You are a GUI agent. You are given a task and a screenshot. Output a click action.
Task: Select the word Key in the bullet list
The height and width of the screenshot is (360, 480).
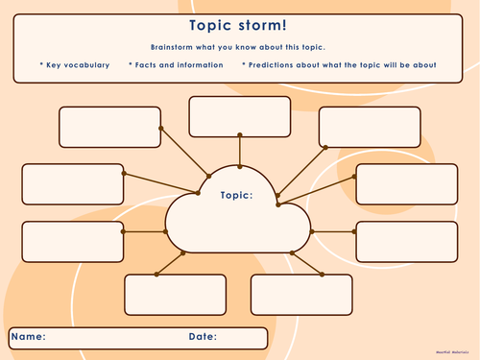(55, 65)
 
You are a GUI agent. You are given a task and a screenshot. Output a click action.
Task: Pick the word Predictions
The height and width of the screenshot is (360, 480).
(277, 65)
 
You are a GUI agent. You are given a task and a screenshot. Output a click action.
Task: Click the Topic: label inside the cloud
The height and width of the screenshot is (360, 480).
(236, 195)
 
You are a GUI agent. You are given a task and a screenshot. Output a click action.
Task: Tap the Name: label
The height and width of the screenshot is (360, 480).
(29, 337)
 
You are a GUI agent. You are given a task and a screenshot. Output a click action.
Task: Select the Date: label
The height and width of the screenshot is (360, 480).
(203, 337)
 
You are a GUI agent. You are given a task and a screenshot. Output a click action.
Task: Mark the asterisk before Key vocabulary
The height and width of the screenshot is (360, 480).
(41, 65)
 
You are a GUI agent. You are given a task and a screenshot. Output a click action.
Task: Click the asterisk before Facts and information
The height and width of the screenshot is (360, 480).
(131, 65)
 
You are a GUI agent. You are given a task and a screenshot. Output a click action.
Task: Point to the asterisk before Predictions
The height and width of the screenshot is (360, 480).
(244, 65)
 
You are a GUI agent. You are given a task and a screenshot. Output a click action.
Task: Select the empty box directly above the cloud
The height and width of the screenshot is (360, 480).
(239, 117)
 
